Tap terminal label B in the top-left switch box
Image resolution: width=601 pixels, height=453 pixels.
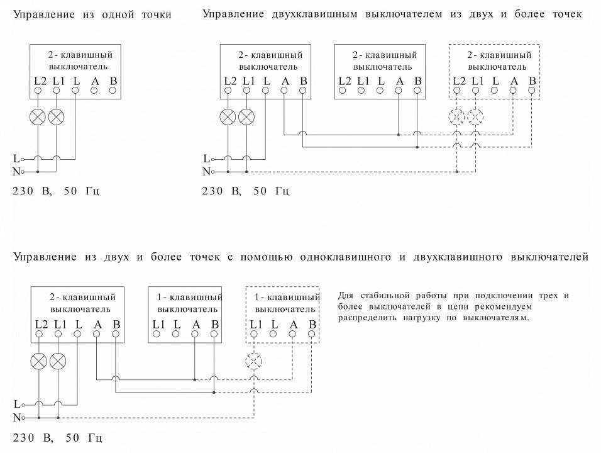(113, 80)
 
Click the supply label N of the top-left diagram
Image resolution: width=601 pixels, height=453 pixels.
(16, 171)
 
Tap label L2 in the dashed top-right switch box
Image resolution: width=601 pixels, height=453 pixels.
(459, 80)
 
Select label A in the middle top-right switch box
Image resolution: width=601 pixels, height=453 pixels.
(399, 80)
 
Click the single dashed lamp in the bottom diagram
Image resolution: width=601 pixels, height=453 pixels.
(254, 361)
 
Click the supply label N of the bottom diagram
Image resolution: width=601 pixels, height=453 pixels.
(16, 417)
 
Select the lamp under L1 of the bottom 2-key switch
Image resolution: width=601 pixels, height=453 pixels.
(58, 361)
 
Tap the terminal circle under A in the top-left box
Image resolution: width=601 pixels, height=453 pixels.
(94, 90)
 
